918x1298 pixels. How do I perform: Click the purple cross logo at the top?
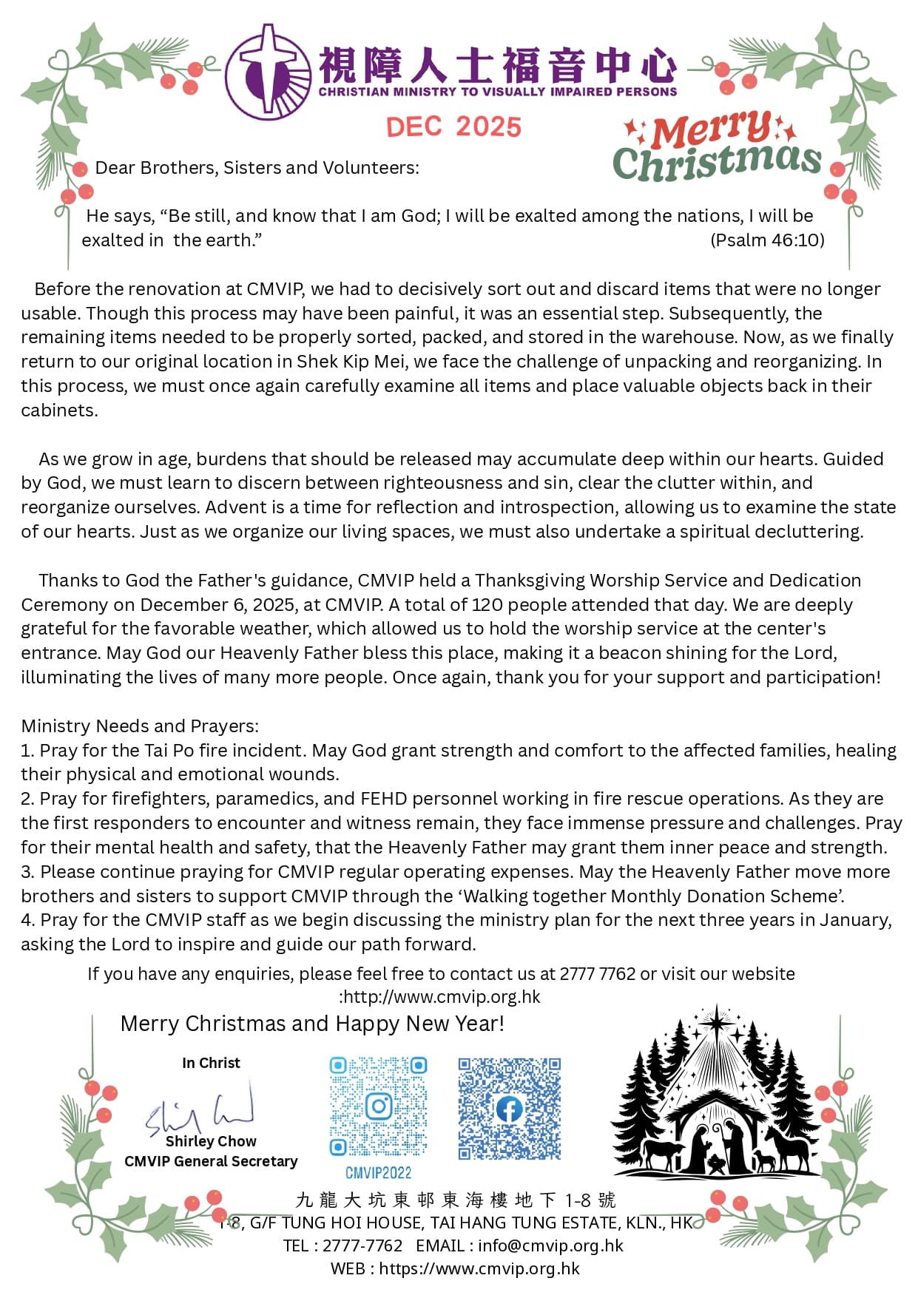(x=268, y=72)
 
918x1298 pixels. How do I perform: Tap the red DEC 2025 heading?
(x=453, y=127)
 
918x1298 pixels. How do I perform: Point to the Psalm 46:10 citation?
(x=767, y=240)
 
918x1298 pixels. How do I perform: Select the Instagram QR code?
(x=378, y=1106)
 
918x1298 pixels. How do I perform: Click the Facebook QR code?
(x=509, y=1109)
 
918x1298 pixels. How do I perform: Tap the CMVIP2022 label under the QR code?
(x=378, y=1172)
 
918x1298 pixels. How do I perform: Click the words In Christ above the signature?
(x=211, y=1063)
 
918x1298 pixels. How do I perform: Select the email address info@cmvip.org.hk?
(x=550, y=1245)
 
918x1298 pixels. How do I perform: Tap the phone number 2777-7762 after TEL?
(x=362, y=1245)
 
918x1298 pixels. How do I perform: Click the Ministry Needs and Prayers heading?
(x=140, y=726)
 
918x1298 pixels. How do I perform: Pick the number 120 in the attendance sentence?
(x=487, y=605)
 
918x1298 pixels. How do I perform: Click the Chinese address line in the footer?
(x=455, y=1200)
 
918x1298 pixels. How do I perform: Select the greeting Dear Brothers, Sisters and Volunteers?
(x=257, y=168)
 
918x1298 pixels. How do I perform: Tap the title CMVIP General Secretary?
(x=211, y=1161)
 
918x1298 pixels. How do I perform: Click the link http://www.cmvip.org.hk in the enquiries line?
(x=442, y=997)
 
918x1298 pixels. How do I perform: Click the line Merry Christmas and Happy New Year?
(x=312, y=1024)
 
